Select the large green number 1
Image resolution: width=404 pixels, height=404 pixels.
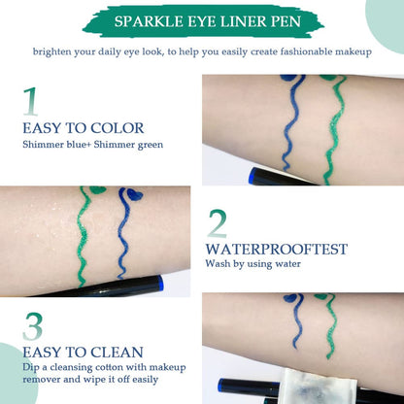pyautogui.click(x=31, y=102)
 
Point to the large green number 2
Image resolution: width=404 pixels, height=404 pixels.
pyautogui.click(x=218, y=224)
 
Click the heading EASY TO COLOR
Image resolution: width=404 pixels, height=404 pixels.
pyautogui.click(x=83, y=128)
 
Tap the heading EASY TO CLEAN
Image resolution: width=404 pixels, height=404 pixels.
pyautogui.click(x=83, y=352)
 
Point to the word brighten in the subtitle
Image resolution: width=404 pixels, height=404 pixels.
pyautogui.click(x=57, y=50)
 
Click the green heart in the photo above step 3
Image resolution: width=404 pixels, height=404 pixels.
pyautogui.click(x=97, y=191)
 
